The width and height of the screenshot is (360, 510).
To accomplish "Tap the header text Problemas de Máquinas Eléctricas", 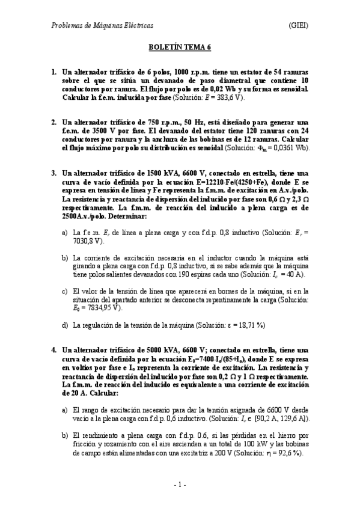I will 102,25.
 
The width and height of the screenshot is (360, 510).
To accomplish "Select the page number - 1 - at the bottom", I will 180,485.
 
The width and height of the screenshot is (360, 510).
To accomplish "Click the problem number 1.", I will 53,72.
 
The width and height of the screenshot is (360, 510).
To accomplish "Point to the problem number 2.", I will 53,121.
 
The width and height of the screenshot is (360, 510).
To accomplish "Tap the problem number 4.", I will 53,349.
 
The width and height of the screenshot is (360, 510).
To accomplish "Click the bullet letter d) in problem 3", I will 65,325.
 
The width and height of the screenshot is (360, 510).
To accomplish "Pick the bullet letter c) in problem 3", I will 65,291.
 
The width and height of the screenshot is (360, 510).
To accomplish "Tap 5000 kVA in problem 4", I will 159,349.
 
